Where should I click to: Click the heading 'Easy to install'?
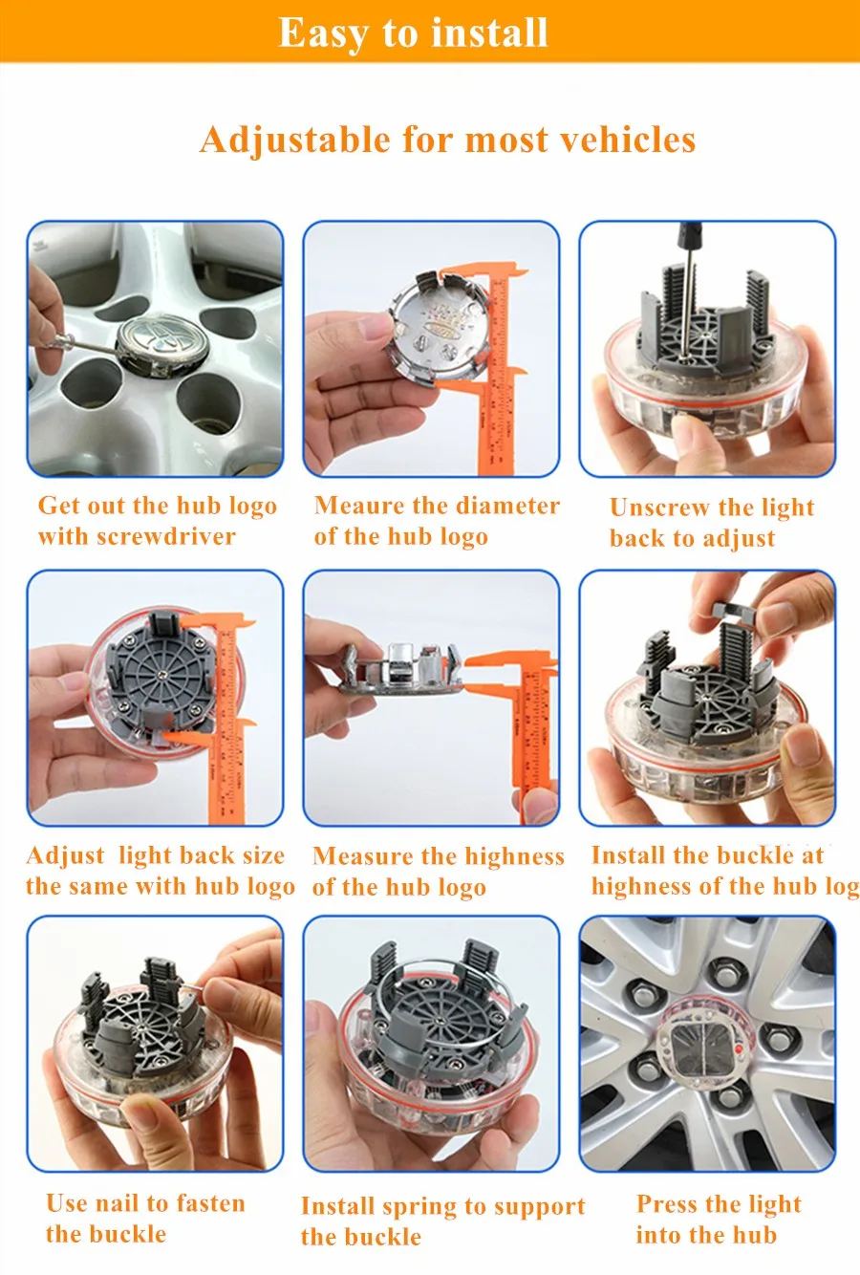click(x=413, y=33)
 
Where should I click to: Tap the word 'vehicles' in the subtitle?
click(x=628, y=140)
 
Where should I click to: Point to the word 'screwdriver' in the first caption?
click(x=166, y=536)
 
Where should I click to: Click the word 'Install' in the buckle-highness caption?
click(x=628, y=854)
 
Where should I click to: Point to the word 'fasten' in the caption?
click(x=210, y=1203)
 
